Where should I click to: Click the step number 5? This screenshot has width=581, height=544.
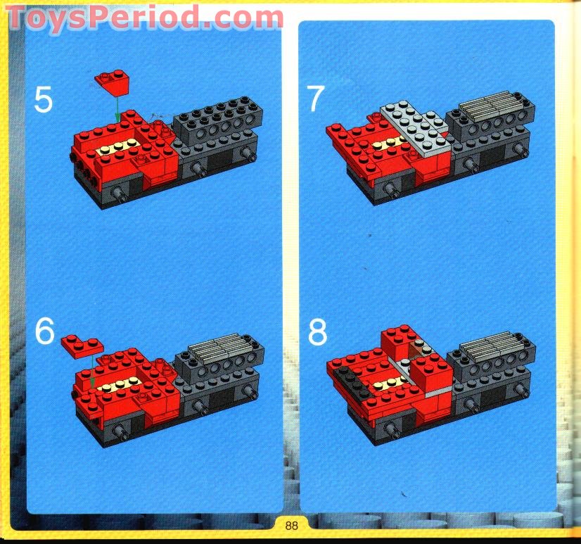click(43, 100)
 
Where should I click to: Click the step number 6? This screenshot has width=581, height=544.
click(44, 331)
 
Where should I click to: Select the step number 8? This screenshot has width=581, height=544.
click(317, 333)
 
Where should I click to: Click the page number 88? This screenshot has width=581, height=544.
click(292, 524)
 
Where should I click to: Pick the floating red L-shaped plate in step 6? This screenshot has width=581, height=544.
click(80, 345)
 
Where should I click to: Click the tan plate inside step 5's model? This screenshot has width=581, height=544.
click(119, 147)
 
